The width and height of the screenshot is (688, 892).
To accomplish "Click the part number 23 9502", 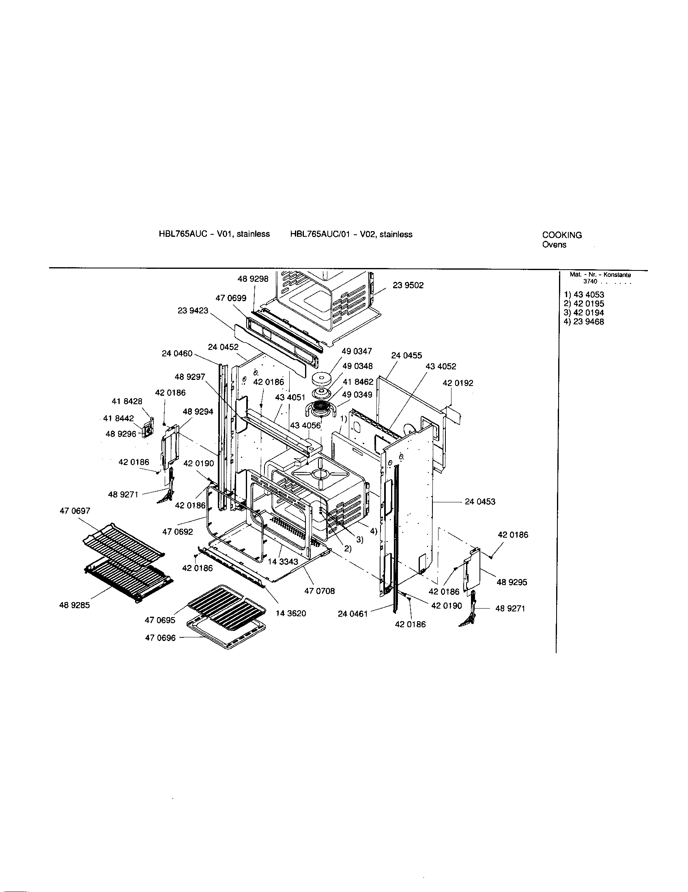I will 408,285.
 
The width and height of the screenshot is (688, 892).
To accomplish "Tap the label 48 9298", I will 253,279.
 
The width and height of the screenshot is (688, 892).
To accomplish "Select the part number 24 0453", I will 479,502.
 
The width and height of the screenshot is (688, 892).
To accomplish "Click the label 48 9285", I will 74,605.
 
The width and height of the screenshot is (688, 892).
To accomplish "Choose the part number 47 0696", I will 160,638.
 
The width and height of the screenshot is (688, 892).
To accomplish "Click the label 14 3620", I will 291,613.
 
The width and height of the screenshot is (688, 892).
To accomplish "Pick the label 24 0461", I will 353,614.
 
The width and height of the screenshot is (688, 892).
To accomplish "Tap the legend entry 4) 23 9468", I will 583,322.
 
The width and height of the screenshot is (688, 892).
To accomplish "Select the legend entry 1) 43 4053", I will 583,295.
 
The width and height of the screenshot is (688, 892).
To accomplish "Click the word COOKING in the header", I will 562,235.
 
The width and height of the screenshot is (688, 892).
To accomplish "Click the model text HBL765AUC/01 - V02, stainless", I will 351,234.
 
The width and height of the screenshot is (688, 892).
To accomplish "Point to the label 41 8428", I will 127,401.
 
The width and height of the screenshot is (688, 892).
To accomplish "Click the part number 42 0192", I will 458,383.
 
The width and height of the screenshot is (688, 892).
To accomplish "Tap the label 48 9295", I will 512,582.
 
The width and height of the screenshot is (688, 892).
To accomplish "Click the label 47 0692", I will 177,532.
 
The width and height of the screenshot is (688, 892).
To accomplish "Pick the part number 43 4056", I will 305,426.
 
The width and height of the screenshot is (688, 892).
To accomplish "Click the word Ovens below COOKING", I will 554,245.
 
